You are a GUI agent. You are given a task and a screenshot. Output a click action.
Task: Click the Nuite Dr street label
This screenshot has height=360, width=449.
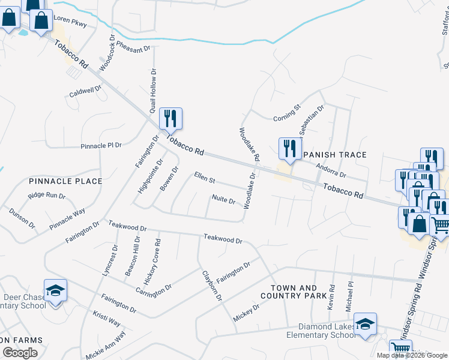pyautogui.click(x=223, y=200)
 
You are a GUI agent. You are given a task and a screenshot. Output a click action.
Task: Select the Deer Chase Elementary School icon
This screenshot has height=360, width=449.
pyautogui.click(x=55, y=291)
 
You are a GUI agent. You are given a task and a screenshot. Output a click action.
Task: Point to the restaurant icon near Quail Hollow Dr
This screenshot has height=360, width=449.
pyautogui.click(x=170, y=118)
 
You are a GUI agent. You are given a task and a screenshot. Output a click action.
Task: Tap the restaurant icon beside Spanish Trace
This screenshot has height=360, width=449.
pyautogui.click(x=290, y=148)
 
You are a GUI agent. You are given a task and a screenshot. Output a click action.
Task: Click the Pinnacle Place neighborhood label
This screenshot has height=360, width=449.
pyautogui.click(x=65, y=181)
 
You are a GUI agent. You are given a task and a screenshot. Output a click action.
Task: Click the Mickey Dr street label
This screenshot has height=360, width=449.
pyautogui.click(x=246, y=311)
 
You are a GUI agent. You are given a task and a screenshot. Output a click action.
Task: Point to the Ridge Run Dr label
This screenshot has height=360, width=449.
pyautogui.click(x=46, y=196)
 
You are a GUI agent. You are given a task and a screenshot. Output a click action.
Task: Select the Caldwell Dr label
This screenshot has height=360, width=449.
pyautogui.click(x=86, y=91)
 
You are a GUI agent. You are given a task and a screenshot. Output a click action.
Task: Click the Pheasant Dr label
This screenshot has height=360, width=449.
pyautogui.click(x=133, y=47)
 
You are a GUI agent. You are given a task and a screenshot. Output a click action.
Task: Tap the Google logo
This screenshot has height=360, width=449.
pyautogui.click(x=20, y=353)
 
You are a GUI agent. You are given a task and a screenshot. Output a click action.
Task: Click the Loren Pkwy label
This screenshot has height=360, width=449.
pyautogui.click(x=70, y=22)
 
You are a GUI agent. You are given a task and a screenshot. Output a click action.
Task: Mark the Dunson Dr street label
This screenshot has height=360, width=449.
pyautogui.click(x=22, y=218)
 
